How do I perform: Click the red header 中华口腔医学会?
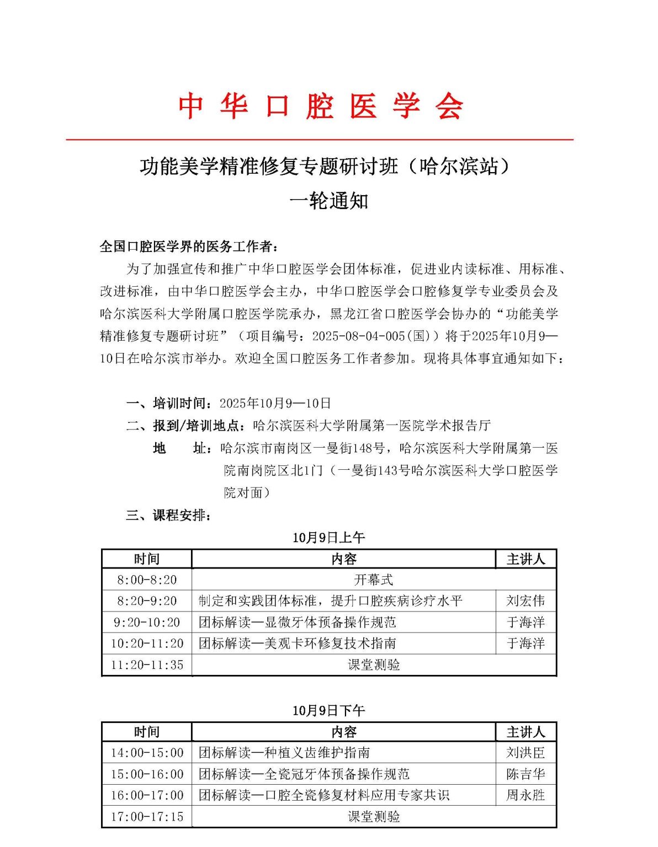[x=320, y=105]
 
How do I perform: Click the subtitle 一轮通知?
[x=328, y=201]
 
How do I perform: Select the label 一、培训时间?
[x=168, y=403]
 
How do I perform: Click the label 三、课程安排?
[x=168, y=516]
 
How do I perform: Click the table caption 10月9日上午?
[x=328, y=537]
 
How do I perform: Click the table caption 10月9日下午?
[x=328, y=710]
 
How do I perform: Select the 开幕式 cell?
[x=373, y=580]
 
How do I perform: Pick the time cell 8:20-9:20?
[x=147, y=601]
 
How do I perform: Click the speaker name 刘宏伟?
[x=526, y=601]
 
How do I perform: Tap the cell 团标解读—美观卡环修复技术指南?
[x=297, y=644]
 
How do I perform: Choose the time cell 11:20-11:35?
[x=147, y=665]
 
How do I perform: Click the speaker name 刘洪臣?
[x=526, y=753]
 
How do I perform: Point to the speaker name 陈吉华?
[x=526, y=774]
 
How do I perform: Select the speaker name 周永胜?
[x=526, y=795]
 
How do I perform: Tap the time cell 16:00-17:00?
[x=147, y=795]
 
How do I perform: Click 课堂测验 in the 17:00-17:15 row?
[x=373, y=817]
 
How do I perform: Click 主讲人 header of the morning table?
[x=526, y=559]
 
